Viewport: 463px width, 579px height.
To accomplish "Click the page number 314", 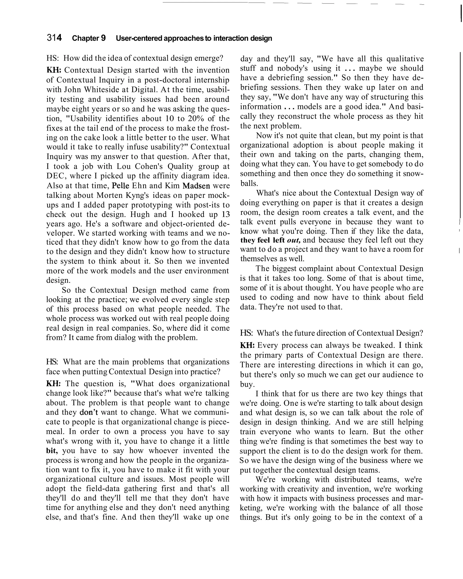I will click(x=54, y=38).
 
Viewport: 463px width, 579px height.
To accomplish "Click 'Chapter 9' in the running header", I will click(x=89, y=38).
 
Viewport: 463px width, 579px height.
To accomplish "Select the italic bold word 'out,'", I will click(x=294, y=240).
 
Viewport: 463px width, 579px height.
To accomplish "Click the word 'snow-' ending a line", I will click(x=413, y=173).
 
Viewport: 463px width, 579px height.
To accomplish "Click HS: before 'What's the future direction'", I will click(x=246, y=333).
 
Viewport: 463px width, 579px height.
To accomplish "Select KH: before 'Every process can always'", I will click(x=247, y=345).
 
